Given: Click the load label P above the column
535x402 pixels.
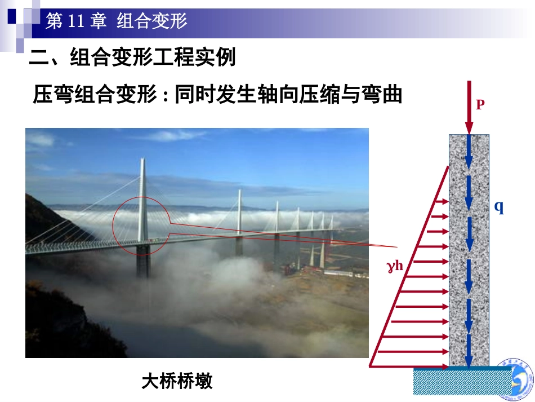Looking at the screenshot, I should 480,104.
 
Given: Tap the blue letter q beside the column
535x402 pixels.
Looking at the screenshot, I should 499,207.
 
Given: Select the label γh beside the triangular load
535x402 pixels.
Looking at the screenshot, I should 395,265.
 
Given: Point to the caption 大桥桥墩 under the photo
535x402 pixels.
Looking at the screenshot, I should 177,382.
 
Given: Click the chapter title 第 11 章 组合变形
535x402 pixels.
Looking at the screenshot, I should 116,21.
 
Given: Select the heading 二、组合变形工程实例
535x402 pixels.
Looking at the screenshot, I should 132,58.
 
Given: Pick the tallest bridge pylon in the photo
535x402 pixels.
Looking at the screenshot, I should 142,197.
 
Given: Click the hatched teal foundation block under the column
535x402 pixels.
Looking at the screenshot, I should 462,382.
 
